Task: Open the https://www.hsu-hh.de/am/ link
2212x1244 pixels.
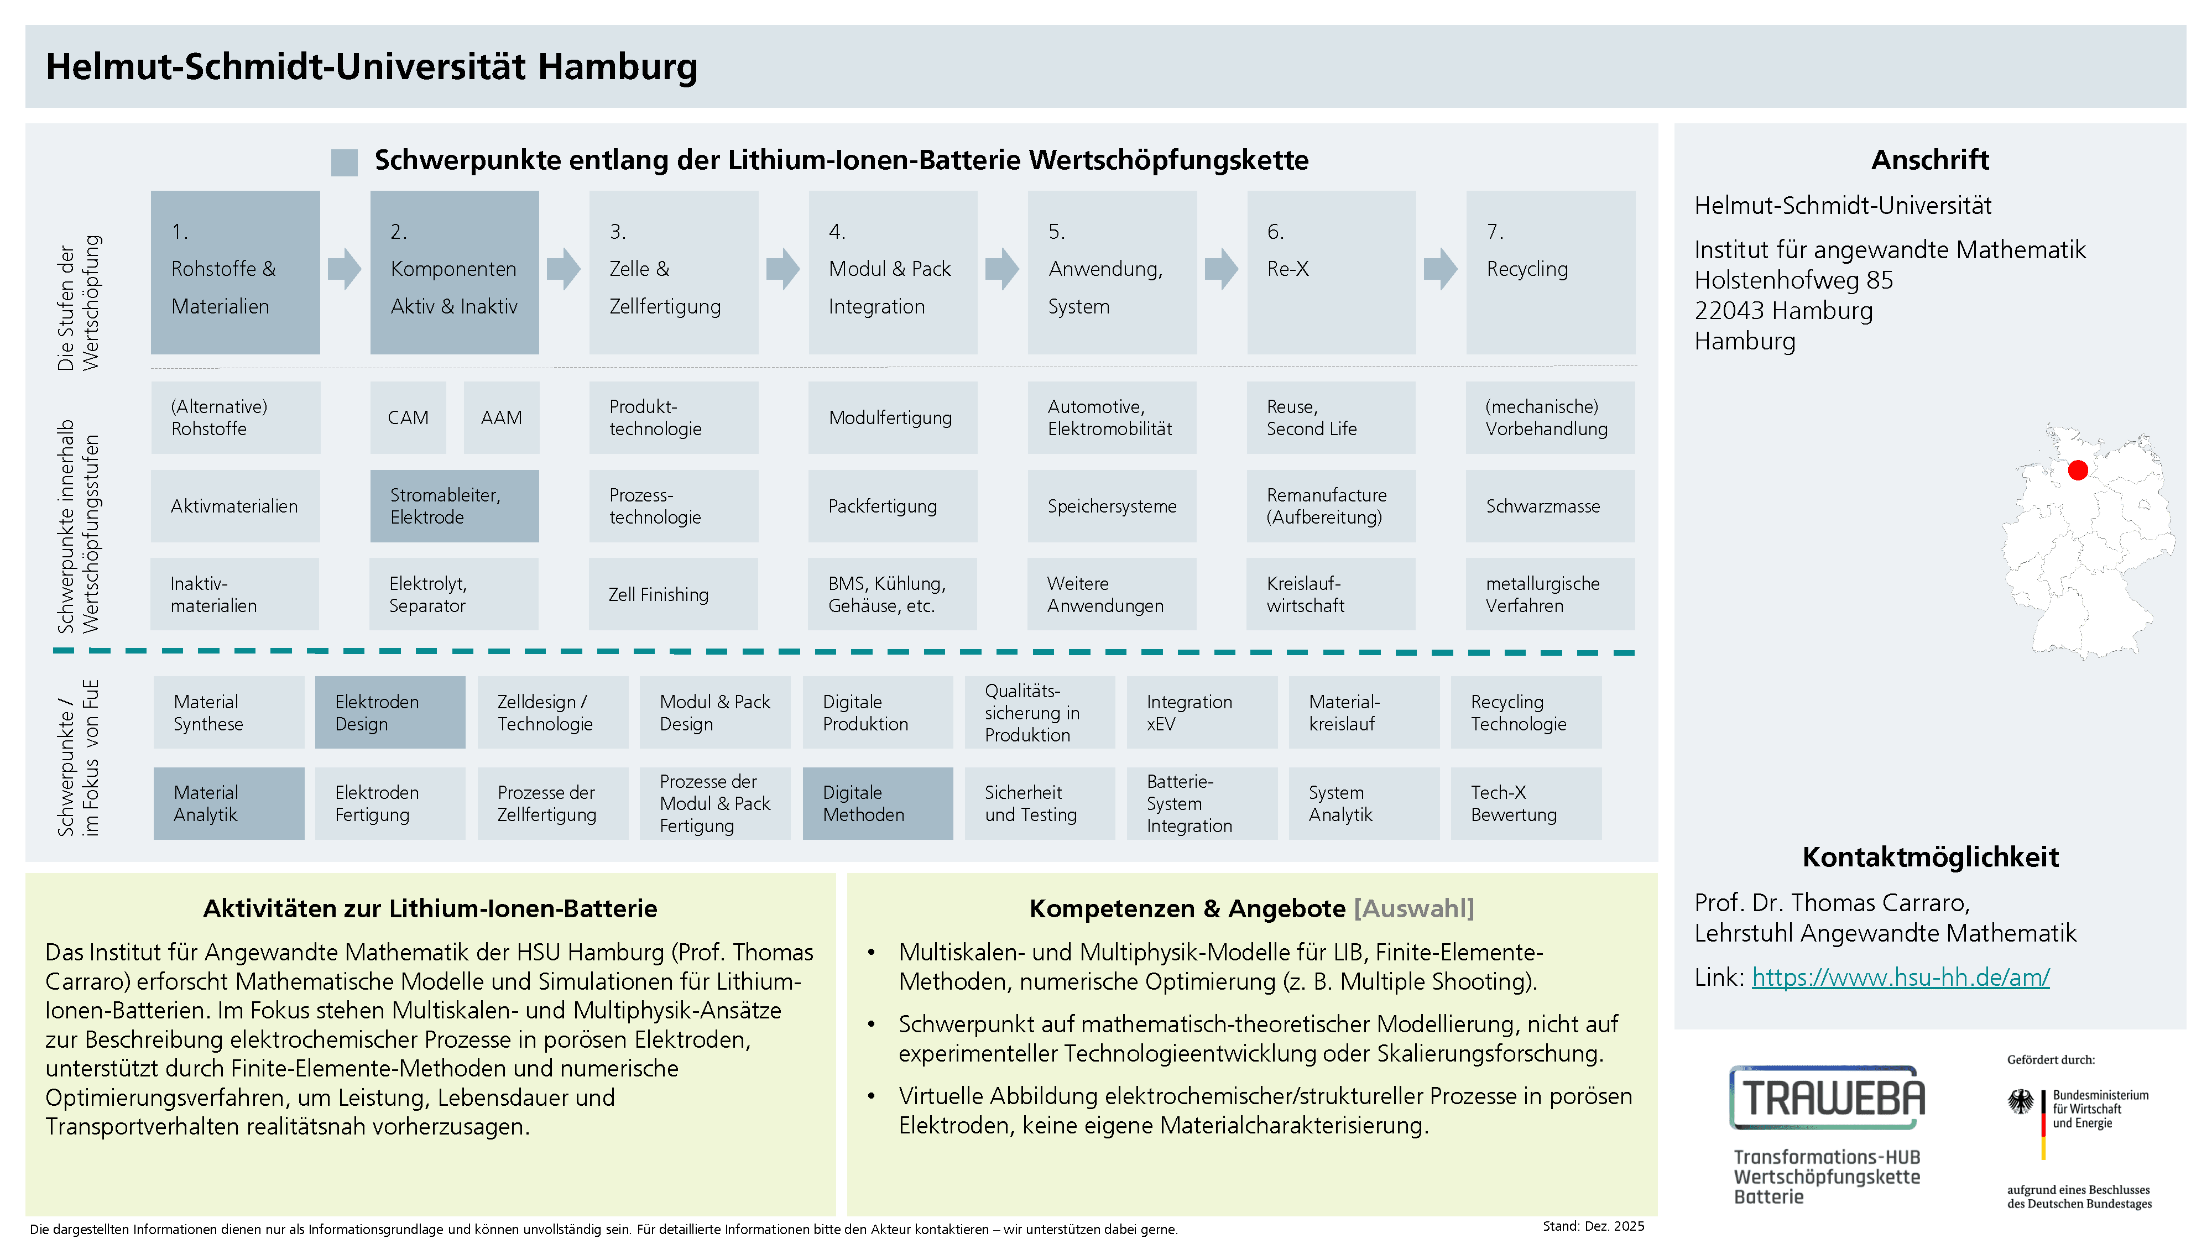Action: tap(1900, 977)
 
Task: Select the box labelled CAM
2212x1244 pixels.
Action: tap(408, 417)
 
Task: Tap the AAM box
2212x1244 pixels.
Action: tap(502, 417)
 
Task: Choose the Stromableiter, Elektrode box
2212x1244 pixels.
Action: tap(454, 506)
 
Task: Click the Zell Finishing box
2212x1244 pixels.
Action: tap(673, 594)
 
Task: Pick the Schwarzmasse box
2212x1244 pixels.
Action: tap(1550, 506)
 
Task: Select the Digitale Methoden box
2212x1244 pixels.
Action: tap(878, 803)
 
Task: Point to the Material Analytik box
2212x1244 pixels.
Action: tap(228, 803)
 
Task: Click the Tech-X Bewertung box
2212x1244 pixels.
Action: tap(1526, 803)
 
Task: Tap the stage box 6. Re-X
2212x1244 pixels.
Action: tap(1331, 272)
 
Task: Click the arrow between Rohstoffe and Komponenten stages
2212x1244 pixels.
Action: tap(345, 269)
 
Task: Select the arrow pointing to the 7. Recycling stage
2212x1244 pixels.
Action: tap(1441, 269)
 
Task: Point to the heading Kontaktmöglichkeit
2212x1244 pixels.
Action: tap(1931, 857)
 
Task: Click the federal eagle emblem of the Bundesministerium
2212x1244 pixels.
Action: tap(2021, 1101)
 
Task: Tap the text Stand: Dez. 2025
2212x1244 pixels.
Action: tap(1593, 1226)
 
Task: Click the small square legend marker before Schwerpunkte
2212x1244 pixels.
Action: tap(345, 162)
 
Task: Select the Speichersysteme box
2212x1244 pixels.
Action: tap(1112, 506)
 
